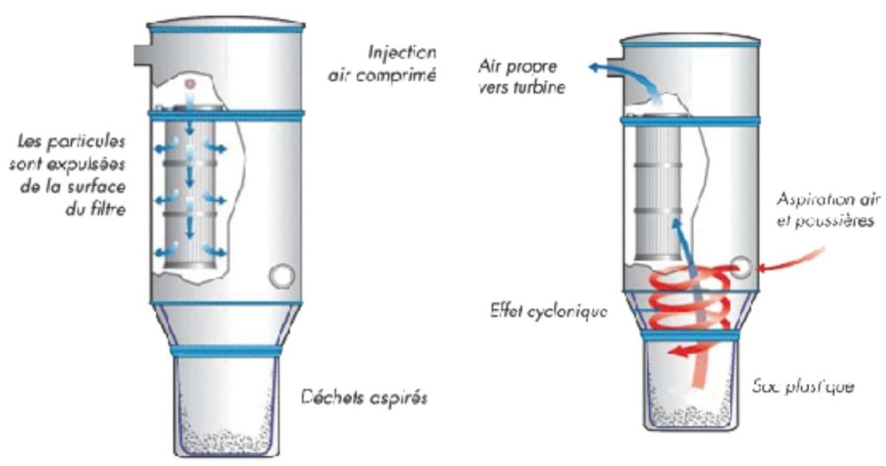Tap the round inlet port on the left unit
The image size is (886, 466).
281,277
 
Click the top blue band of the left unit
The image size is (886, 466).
224,29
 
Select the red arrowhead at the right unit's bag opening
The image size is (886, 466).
674,352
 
